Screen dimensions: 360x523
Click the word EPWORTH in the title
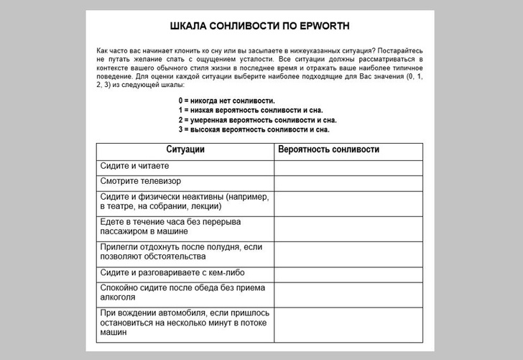click(x=324, y=27)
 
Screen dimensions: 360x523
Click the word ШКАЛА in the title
click(x=189, y=27)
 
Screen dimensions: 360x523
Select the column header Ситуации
click(x=185, y=149)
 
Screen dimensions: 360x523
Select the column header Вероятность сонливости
click(x=328, y=149)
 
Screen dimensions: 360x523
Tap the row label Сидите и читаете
click(x=135, y=166)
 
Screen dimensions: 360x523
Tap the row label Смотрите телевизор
click(x=141, y=181)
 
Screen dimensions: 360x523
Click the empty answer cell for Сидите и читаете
click(x=348, y=167)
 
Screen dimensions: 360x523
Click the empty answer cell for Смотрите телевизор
click(x=348, y=182)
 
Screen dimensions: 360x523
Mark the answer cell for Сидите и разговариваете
click(x=348, y=274)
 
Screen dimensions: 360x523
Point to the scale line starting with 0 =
click(x=227, y=101)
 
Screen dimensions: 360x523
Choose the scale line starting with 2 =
click(x=257, y=120)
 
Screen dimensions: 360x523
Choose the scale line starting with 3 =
click(x=254, y=130)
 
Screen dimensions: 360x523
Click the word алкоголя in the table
click(x=119, y=297)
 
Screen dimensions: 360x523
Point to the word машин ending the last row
click(x=114, y=333)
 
